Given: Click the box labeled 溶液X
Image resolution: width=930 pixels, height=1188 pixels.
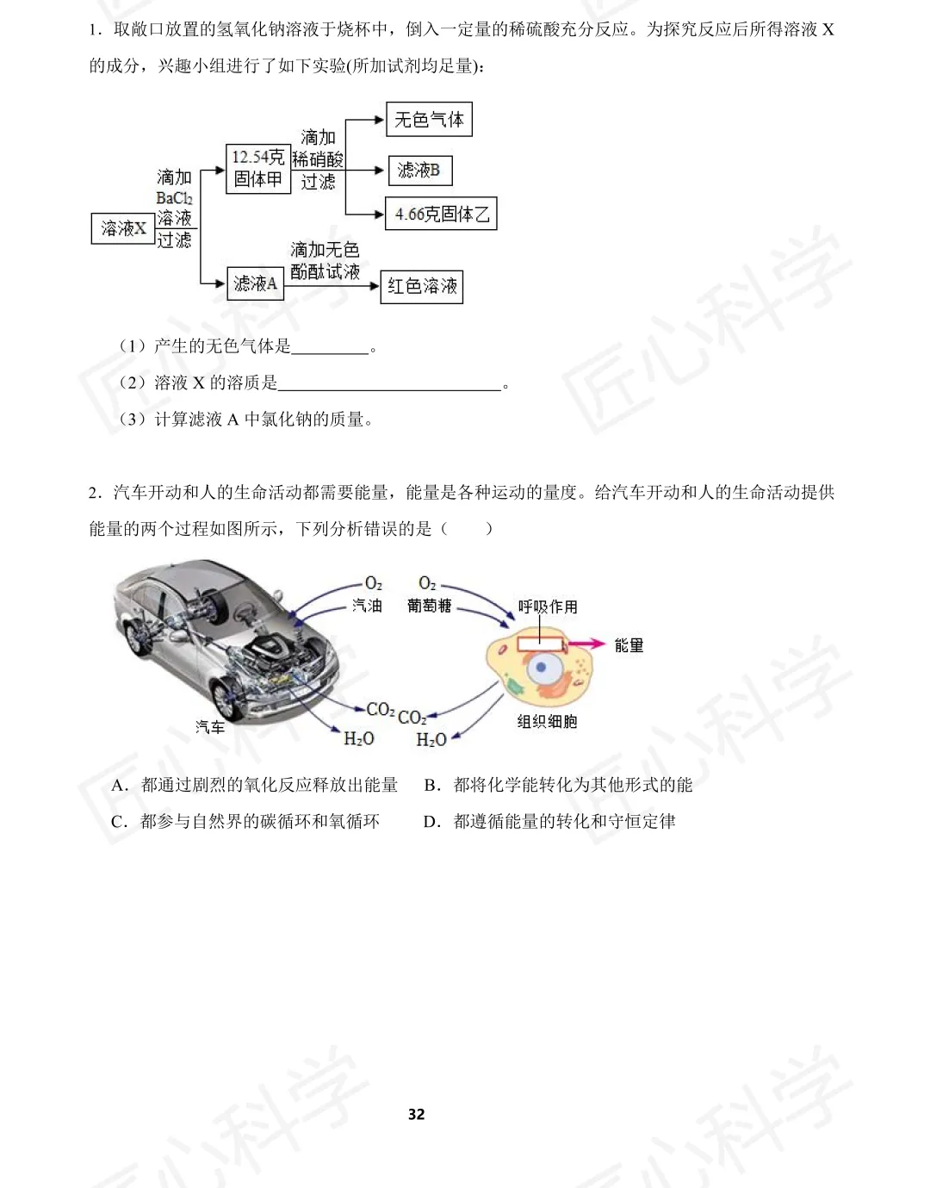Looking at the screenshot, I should [122, 228].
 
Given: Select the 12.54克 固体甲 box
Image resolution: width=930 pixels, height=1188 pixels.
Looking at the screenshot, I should [257, 169].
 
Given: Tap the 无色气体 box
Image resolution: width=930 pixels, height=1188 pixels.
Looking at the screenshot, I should [428, 120].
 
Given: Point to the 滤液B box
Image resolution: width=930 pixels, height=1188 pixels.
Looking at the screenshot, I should [419, 171].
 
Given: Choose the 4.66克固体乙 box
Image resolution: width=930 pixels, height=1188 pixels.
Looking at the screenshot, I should [441, 214].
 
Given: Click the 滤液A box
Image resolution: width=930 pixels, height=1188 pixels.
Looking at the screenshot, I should [255, 283].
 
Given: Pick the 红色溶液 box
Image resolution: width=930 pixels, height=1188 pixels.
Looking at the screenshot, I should [421, 286].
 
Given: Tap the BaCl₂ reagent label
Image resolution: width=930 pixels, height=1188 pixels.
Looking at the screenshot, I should [174, 198].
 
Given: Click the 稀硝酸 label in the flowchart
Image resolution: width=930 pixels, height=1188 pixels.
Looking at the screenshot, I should [318, 159].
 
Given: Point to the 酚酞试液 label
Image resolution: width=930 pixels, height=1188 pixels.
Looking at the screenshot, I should [325, 271].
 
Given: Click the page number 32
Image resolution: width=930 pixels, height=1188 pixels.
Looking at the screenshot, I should [416, 1114].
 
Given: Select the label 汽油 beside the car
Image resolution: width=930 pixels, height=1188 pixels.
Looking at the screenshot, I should [367, 606].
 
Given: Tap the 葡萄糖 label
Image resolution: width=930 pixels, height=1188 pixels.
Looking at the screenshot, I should [429, 606].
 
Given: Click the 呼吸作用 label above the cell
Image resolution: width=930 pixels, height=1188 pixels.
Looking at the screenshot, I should [548, 606].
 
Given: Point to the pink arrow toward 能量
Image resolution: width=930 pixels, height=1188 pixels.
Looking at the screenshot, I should [586, 644].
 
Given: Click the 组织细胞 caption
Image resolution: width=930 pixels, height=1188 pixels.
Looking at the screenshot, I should [547, 721].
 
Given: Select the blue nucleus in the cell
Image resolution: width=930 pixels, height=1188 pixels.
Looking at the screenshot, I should [542, 667].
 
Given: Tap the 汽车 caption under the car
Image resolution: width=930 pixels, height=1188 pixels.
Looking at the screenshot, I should [209, 727].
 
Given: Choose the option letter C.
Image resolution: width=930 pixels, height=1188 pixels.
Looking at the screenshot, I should [119, 821].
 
